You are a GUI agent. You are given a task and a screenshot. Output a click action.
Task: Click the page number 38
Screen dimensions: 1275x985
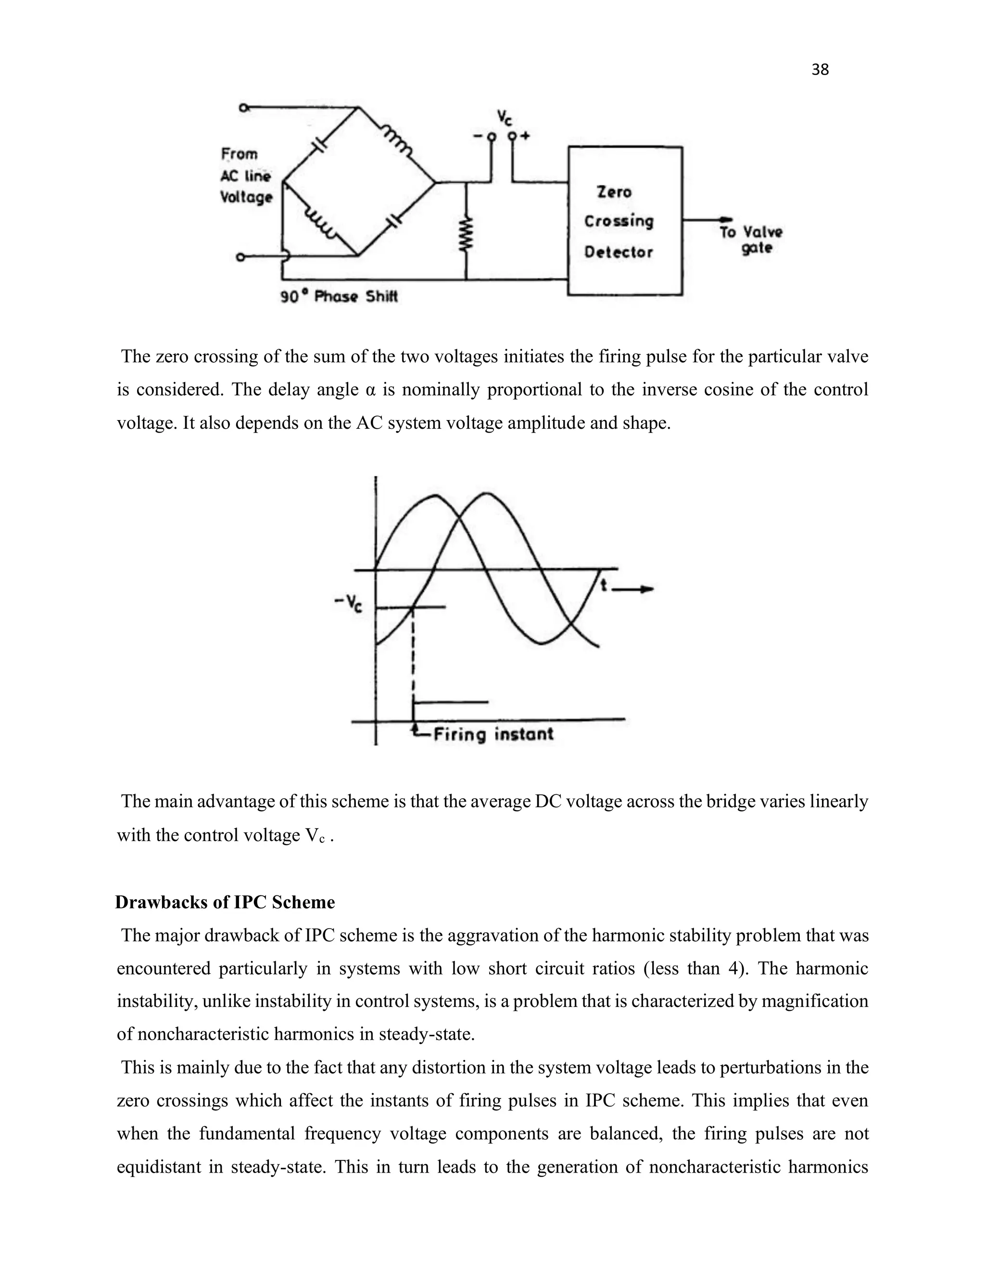pyautogui.click(x=820, y=70)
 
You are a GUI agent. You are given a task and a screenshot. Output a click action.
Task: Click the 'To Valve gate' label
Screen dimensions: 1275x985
pyautogui.click(x=750, y=239)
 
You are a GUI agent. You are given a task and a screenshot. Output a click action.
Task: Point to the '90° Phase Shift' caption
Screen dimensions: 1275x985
pyautogui.click(x=339, y=296)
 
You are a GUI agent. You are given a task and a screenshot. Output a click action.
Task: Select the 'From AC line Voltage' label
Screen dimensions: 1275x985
pyautogui.click(x=246, y=176)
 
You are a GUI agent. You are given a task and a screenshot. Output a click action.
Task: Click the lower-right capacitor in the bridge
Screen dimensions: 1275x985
pyautogui.click(x=394, y=221)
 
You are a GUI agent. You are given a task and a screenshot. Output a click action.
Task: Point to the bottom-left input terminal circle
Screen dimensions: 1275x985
pyautogui.click(x=240, y=257)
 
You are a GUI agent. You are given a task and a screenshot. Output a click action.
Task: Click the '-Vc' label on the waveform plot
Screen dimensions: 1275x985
pyautogui.click(x=348, y=604)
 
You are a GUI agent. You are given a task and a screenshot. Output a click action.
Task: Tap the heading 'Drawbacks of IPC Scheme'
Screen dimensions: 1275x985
pyautogui.click(x=225, y=903)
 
